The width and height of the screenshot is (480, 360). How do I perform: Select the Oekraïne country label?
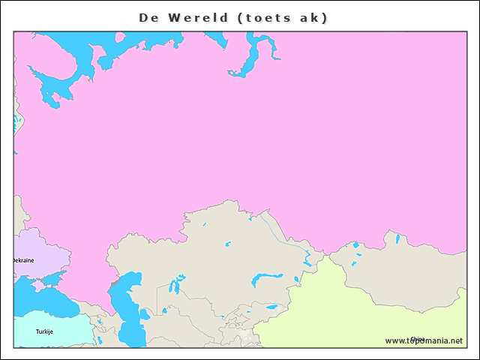click(x=23, y=260)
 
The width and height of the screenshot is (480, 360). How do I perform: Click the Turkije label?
click(x=44, y=331)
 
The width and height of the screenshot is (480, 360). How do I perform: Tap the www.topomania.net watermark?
click(x=424, y=340)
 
